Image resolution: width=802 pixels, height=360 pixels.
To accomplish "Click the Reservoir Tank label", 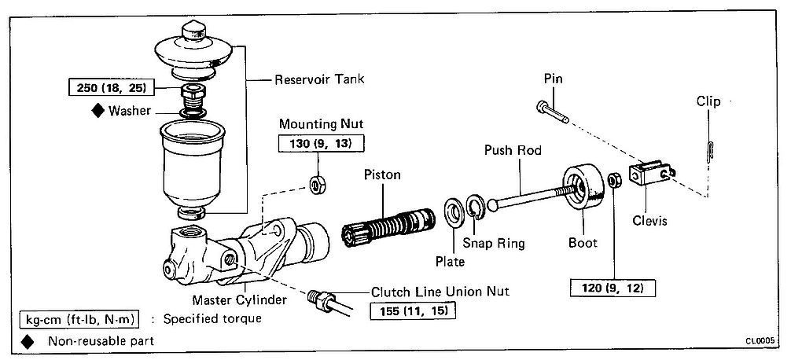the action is (x=320, y=79).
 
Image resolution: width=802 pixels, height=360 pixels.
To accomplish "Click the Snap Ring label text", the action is (x=494, y=242).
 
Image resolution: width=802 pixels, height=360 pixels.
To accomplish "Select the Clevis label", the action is (x=649, y=221).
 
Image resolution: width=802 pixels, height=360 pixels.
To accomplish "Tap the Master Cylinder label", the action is (x=239, y=299).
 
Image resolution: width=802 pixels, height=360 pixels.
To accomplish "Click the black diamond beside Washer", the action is (x=97, y=111).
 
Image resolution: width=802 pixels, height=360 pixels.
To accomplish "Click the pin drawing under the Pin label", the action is (x=553, y=112).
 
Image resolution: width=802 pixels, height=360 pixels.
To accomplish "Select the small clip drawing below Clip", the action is (x=709, y=152).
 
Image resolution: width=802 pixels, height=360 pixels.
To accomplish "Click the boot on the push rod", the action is (x=583, y=186).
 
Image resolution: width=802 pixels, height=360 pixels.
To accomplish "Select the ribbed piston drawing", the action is (x=388, y=226).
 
